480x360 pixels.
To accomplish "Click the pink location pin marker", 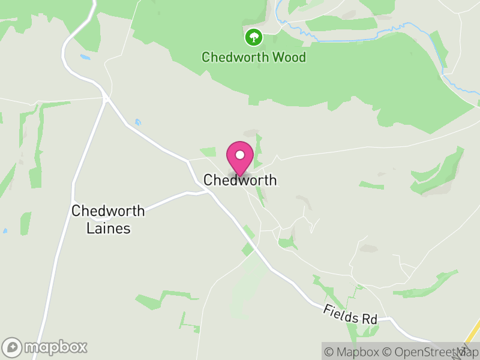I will [x=240, y=158].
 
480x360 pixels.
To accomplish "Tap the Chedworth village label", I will [x=240, y=180].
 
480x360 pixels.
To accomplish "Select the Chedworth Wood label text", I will [x=253, y=58].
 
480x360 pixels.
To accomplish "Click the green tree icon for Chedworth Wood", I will [x=253, y=37].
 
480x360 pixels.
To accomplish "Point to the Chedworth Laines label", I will [x=108, y=220].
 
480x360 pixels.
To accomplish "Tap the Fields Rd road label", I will [x=350, y=314].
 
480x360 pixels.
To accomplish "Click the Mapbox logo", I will [x=45, y=347].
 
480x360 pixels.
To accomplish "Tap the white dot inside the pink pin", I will [x=240, y=155].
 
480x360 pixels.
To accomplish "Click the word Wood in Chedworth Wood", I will [x=289, y=58].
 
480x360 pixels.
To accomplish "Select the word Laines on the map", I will [x=108, y=229].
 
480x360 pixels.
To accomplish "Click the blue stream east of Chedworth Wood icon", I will [x=360, y=40].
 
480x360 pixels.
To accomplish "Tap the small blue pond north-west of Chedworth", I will [x=138, y=122].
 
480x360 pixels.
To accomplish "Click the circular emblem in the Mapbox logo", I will [x=12, y=347].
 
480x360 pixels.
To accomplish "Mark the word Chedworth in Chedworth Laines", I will [x=108, y=211].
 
